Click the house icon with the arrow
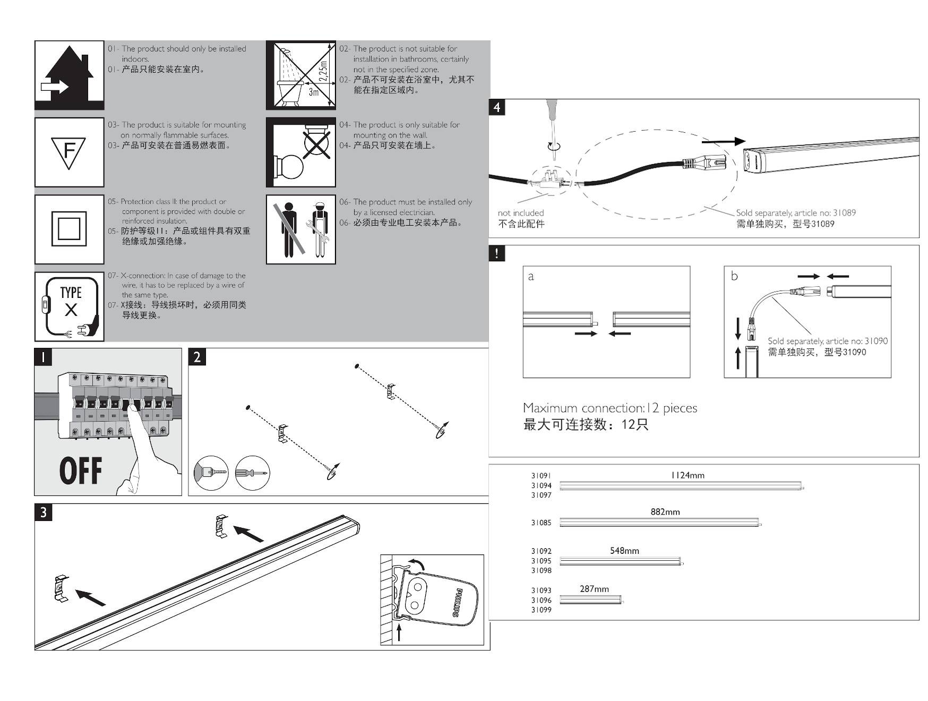click(69, 75)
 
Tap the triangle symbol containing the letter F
click(69, 152)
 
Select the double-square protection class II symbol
click(69, 229)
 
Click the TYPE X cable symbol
click(70, 306)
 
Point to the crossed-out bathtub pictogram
click(300, 75)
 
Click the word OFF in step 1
click(80, 471)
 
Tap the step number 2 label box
click(197, 357)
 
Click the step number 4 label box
click(497, 107)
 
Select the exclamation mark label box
click(497, 253)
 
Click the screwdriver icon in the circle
click(253, 472)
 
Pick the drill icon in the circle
click(211, 472)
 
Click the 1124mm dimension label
click(688, 475)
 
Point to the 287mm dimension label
click(594, 589)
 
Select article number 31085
click(541, 523)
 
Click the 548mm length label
click(624, 551)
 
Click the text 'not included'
click(521, 213)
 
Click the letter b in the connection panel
click(734, 276)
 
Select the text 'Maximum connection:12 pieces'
click(609, 408)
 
